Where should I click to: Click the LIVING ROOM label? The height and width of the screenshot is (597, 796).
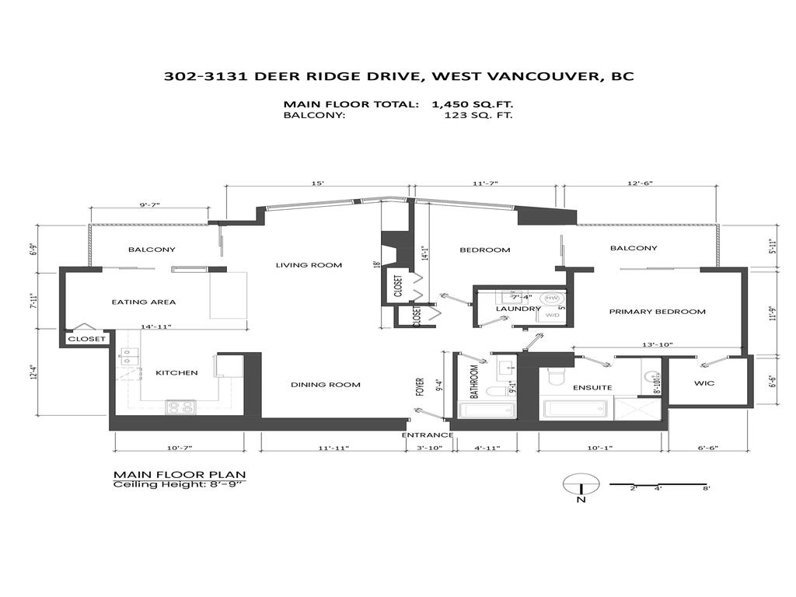coord(309,265)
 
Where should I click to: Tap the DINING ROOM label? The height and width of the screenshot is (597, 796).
coord(326,385)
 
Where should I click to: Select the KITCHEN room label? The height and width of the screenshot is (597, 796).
coord(176,372)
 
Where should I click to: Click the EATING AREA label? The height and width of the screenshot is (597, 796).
coord(144,302)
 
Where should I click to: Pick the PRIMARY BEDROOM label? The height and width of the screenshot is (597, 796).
coord(657,312)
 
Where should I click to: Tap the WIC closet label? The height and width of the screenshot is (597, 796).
coord(704,384)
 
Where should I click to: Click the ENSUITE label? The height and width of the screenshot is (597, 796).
coord(592,387)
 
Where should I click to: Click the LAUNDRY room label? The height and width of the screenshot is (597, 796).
coord(518,309)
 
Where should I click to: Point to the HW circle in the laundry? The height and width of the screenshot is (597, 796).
coord(551,298)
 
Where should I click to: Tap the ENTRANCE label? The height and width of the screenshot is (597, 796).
coord(427,435)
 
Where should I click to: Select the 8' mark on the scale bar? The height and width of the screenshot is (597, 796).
coord(706,488)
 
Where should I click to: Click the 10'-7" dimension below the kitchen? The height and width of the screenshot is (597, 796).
coord(179,449)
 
